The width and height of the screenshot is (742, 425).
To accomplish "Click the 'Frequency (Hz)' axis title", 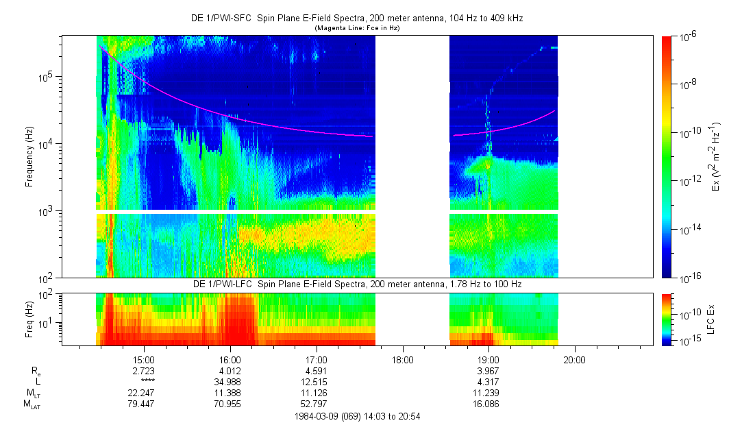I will click(29, 157).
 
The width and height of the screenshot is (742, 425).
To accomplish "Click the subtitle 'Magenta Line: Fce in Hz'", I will click(356, 28).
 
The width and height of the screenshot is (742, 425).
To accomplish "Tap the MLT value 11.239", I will click(488, 392).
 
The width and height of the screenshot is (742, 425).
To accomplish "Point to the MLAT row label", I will click(33, 404).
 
